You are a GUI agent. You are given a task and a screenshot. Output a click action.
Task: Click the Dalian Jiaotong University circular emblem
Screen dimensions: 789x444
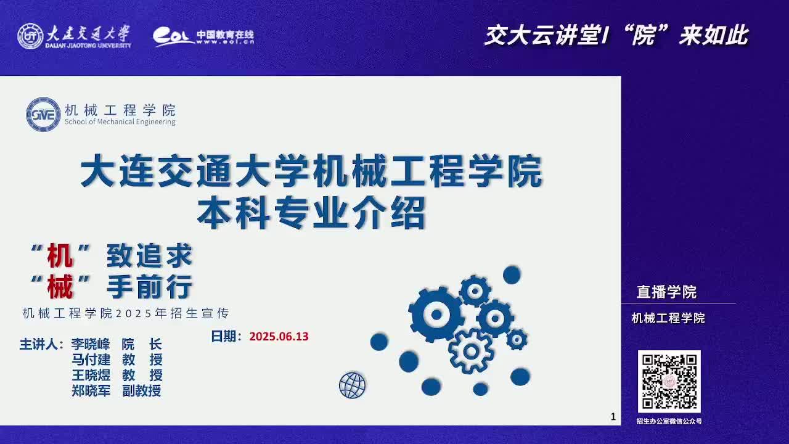click(30, 36)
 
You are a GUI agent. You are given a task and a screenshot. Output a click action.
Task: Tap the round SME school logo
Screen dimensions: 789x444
click(43, 115)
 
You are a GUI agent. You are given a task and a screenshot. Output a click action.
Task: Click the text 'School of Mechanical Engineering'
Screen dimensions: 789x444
click(120, 121)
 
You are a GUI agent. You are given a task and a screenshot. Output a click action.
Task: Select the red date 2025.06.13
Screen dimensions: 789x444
click(279, 337)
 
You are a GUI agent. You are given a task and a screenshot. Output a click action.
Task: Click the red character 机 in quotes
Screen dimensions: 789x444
click(60, 255)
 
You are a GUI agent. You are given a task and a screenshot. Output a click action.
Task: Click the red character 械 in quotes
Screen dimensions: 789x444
click(60, 287)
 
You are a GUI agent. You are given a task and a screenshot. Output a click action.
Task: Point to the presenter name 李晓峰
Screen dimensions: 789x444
click(91, 344)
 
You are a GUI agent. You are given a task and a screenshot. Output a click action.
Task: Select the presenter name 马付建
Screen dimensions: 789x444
click(91, 360)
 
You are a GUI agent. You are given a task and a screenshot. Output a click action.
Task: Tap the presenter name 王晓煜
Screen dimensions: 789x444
click(91, 375)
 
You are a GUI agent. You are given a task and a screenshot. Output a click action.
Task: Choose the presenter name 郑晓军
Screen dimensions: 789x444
click(91, 390)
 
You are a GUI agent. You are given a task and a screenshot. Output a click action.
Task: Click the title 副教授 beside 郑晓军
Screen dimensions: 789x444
click(142, 390)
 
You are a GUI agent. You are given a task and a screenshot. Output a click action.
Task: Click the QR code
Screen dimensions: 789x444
click(669, 382)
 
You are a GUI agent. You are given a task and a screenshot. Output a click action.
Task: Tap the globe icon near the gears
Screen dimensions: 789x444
click(352, 385)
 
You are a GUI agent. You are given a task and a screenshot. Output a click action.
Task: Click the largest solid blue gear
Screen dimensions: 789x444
click(436, 314)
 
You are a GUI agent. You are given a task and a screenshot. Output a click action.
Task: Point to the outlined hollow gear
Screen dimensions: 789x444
click(470, 351)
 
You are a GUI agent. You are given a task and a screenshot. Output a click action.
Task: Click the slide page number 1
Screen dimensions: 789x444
click(613, 417)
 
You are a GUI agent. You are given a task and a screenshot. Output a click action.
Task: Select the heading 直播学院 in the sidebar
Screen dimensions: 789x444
click(666, 292)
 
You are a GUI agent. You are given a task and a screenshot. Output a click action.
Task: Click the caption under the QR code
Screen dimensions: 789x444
click(669, 421)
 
